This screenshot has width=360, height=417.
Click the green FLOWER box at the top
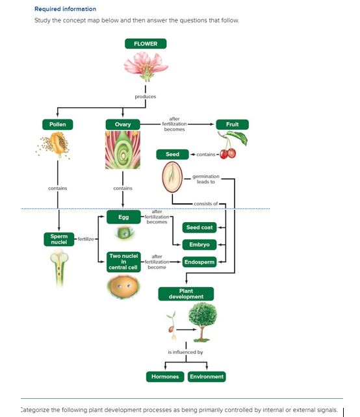point(146,44)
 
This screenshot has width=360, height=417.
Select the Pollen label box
point(58,124)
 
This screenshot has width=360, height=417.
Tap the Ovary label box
point(123,124)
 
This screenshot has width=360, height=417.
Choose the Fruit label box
point(232,124)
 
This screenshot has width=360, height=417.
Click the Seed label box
point(172,154)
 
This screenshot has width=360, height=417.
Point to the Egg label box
point(123,217)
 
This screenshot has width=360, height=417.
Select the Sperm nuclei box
point(58,239)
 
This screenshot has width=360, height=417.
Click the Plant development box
point(186,294)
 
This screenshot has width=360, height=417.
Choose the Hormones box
point(164,377)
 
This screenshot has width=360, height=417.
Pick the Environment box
point(207,377)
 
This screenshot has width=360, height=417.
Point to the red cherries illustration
point(228,153)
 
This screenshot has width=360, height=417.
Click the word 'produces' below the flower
point(146,97)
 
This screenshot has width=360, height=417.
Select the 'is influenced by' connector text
point(185,352)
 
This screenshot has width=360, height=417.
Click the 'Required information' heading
point(65,9)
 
